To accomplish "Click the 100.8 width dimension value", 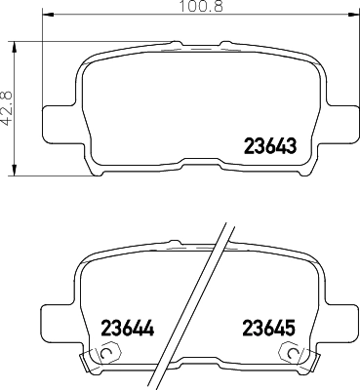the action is click(202, 6).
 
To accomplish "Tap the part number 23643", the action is click(270, 146).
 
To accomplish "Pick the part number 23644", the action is click(128, 329).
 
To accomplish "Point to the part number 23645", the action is click(269, 329).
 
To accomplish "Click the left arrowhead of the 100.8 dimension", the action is click(48, 14).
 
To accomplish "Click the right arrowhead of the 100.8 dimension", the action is click(352, 14).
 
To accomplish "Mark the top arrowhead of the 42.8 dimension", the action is click(14, 47).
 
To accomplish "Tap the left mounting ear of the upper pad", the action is click(60, 124).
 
